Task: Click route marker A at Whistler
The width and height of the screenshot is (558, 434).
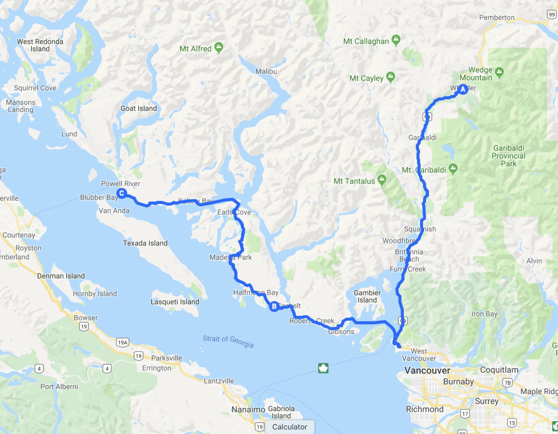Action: click(x=463, y=89)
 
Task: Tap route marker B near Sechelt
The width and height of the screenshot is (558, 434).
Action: click(x=274, y=306)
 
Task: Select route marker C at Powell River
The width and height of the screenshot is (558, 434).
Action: click(x=122, y=193)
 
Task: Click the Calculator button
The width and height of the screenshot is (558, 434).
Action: click(x=290, y=427)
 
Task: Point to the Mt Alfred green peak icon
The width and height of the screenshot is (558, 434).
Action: click(x=219, y=47)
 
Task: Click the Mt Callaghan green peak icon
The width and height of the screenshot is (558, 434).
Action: click(x=396, y=40)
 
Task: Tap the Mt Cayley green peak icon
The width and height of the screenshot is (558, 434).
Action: click(x=391, y=77)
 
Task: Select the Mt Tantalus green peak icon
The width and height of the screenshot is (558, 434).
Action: click(x=382, y=180)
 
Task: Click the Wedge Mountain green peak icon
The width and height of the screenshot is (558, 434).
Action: click(x=499, y=72)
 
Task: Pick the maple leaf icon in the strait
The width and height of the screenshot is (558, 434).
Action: click(x=323, y=368)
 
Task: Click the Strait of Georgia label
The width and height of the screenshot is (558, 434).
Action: click(x=228, y=341)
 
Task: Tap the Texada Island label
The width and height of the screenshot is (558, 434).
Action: click(x=145, y=243)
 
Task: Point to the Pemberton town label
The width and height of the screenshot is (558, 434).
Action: click(x=497, y=18)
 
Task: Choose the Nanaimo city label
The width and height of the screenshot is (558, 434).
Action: click(x=248, y=409)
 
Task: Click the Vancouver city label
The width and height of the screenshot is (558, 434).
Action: click(x=427, y=371)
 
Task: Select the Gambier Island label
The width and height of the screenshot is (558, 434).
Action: click(x=367, y=296)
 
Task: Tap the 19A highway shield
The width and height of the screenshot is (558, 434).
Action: click(x=123, y=342)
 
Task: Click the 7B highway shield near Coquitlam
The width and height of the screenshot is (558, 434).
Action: click(x=507, y=383)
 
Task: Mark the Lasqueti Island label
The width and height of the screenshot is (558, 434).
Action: click(x=175, y=302)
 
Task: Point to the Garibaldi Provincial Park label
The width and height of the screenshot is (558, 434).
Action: click(x=509, y=156)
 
